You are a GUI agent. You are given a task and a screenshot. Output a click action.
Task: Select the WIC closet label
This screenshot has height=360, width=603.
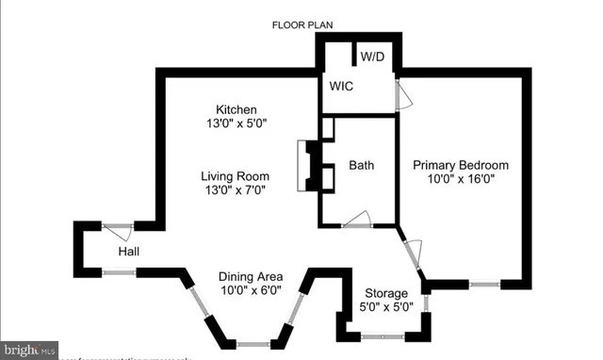(x=340, y=86)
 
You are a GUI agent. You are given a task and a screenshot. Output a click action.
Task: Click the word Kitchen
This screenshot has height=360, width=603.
(x=236, y=109)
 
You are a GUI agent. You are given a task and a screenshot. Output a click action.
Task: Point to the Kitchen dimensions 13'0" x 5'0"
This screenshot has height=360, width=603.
(x=236, y=123)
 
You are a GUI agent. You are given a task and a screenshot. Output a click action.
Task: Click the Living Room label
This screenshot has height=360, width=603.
(x=235, y=175)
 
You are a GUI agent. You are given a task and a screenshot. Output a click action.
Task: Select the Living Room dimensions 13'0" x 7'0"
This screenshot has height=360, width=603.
(x=235, y=189)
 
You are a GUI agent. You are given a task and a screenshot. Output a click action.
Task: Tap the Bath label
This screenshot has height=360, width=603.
(x=361, y=165)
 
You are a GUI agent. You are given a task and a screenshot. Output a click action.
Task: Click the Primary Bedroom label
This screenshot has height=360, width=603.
(x=461, y=164)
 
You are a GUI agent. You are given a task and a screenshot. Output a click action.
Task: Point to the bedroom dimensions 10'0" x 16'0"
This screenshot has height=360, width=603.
(x=461, y=178)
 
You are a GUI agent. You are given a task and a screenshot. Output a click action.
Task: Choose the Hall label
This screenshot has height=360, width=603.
(x=129, y=253)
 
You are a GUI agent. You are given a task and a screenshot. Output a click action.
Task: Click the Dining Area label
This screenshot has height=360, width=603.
(x=250, y=276)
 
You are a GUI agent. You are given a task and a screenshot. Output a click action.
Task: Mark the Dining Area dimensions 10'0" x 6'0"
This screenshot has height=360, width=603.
(x=250, y=290)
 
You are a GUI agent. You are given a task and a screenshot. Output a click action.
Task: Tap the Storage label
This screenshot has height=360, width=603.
(x=386, y=293)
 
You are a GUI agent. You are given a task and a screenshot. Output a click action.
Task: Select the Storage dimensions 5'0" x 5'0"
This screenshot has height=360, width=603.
(x=386, y=307)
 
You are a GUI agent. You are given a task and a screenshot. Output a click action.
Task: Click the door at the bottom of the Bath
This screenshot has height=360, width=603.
(x=356, y=222)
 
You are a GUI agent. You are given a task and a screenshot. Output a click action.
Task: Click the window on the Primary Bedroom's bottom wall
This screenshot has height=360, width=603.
(x=484, y=283)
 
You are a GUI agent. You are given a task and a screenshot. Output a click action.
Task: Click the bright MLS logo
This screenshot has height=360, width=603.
(x=28, y=350)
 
